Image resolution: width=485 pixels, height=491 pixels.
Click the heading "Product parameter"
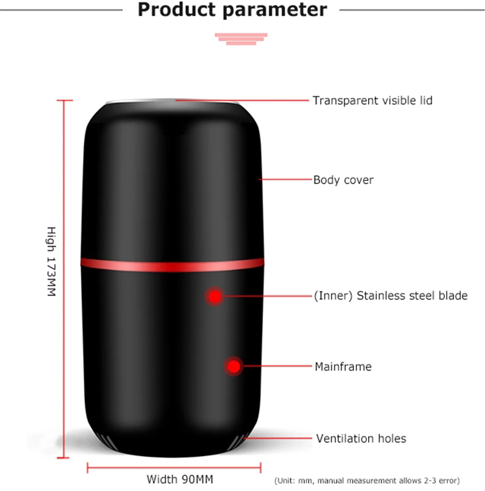coord(232,10)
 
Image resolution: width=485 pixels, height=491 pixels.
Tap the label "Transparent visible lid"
coord(372,101)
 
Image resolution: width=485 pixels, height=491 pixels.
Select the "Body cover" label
coord(343,180)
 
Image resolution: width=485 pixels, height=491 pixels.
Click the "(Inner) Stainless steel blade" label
coord(390,296)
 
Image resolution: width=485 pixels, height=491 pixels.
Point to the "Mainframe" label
coord(343,367)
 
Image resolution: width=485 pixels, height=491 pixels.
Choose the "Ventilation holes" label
coord(361,438)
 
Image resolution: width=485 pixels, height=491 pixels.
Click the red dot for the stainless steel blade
coord(213,297)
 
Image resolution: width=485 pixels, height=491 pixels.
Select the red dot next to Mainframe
coord(232,366)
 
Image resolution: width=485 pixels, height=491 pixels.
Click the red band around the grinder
coord(172,263)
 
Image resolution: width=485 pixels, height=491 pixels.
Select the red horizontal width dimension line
coord(175,467)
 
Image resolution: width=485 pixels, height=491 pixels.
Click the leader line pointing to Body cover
coord(285,180)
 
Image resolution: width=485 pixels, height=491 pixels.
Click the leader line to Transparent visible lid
coord(242,99)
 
